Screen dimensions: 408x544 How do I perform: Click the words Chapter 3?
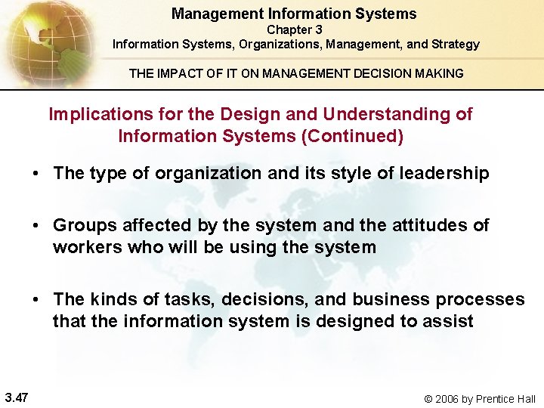pyautogui.click(x=295, y=29)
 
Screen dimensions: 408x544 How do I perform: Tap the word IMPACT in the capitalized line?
pyautogui.click(x=179, y=73)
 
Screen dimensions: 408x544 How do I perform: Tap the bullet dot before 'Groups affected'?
pyautogui.click(x=36, y=226)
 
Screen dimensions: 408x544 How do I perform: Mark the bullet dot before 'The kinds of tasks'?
pyautogui.click(x=36, y=300)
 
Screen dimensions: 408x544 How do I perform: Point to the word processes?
pyautogui.click(x=477, y=299)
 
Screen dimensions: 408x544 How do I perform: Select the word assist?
pyautogui.click(x=449, y=321)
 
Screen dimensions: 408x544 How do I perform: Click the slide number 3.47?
pyautogui.click(x=17, y=397)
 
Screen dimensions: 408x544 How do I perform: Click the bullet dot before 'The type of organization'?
pyautogui.click(x=36, y=174)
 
